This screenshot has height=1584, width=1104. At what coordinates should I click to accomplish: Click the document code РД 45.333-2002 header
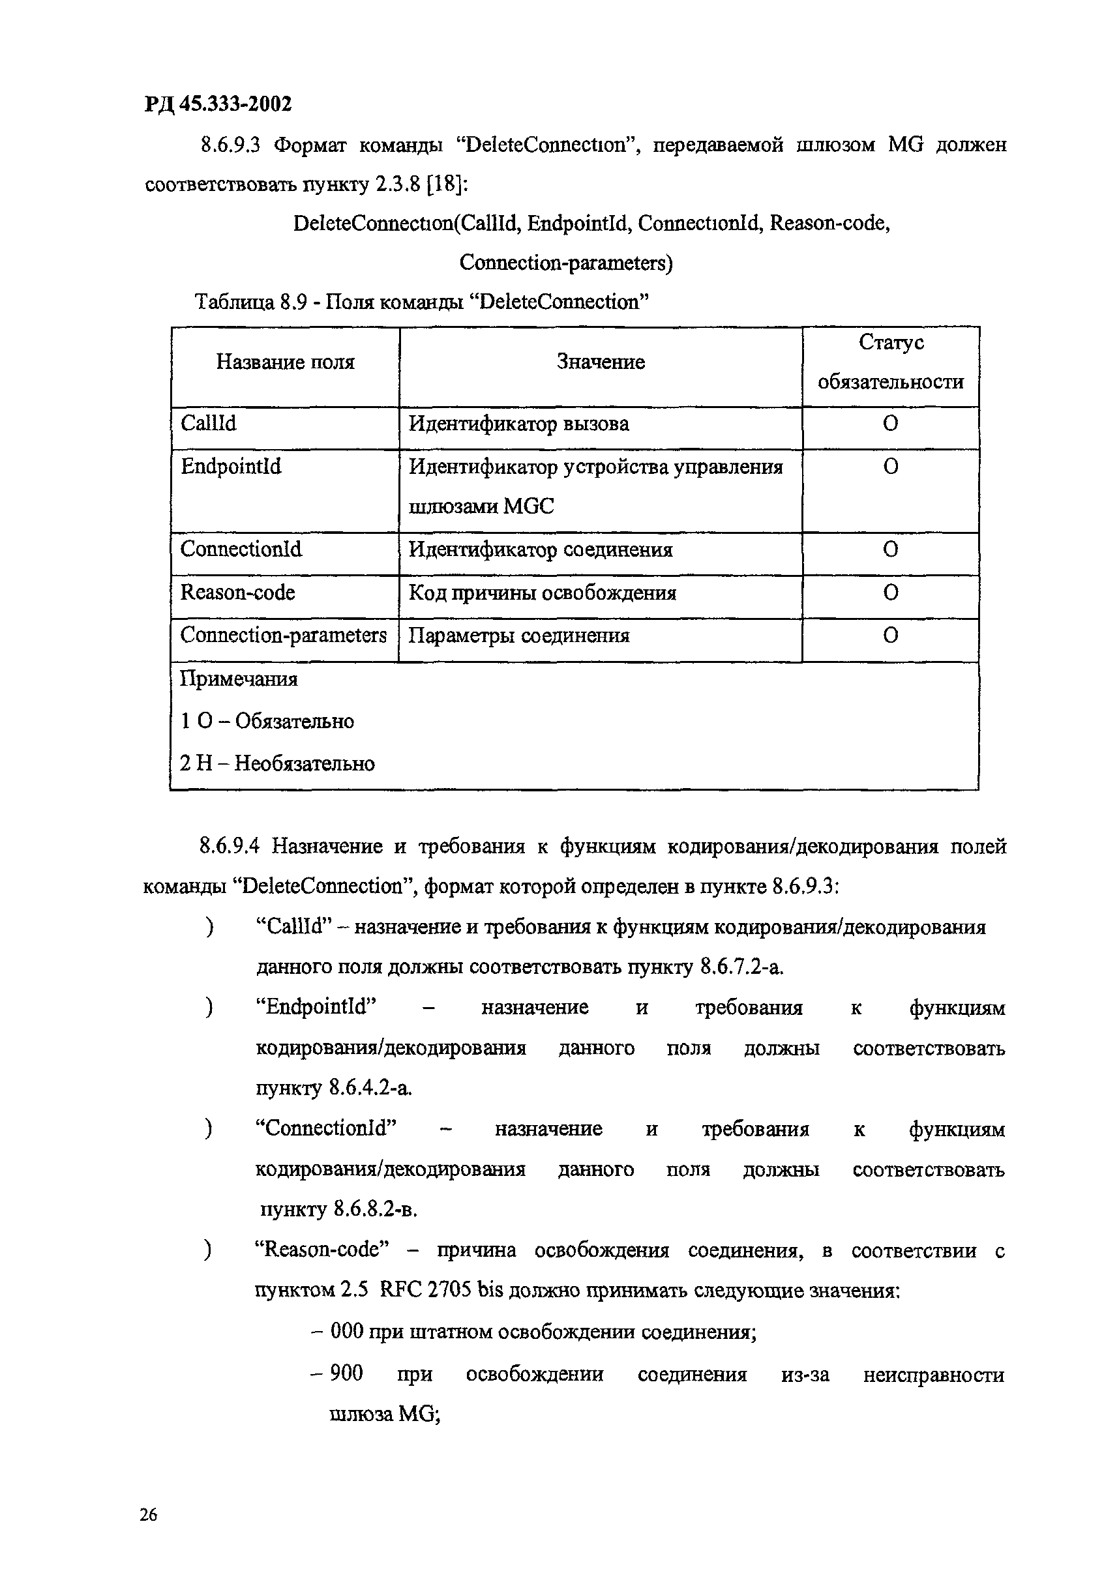point(218,104)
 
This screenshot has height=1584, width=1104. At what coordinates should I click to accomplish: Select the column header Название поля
point(285,362)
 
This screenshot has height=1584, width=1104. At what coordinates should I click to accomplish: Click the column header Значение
point(601,362)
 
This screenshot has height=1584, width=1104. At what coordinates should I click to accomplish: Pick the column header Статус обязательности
point(890,362)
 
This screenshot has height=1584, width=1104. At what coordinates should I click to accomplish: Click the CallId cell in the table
point(209,423)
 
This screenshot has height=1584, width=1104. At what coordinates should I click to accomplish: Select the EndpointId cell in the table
point(231,467)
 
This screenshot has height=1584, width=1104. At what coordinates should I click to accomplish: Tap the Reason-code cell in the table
point(237,593)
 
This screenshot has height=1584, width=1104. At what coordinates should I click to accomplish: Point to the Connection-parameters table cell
point(283,636)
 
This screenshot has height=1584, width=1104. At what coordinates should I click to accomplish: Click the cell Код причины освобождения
point(543,593)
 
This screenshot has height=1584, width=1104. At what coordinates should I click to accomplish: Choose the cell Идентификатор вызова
point(519,424)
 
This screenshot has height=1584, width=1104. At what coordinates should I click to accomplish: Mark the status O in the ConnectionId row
point(890,550)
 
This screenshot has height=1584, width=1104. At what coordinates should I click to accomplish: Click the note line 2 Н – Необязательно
point(277,764)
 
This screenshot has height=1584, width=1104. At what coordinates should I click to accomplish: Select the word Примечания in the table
point(239,679)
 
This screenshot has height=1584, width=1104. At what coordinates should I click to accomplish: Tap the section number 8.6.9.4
point(229,847)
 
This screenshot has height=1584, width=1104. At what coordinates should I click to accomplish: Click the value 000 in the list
point(347,1331)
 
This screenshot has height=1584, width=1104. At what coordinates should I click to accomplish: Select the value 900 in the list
point(346,1373)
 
